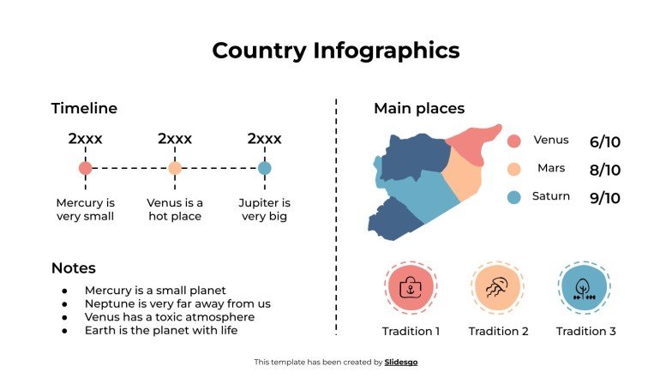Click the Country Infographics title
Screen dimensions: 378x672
click(335, 51)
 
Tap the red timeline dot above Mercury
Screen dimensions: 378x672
click(85, 168)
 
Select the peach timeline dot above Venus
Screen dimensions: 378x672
click(175, 168)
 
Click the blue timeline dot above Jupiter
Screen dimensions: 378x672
click(264, 168)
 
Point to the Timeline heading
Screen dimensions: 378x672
click(84, 109)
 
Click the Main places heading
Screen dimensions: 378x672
click(419, 109)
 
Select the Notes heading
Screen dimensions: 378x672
click(73, 268)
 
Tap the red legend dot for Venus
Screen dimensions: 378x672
click(514, 141)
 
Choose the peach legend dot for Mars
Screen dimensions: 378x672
click(514, 169)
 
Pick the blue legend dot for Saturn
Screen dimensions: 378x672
click(514, 197)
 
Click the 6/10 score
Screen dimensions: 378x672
click(604, 141)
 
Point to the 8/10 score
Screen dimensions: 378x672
click(604, 170)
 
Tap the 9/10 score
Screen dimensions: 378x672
click(604, 198)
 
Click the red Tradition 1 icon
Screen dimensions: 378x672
click(411, 288)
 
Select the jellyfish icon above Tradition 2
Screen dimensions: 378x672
click(497, 288)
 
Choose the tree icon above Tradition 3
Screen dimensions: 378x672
click(585, 288)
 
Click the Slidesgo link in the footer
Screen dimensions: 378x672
click(401, 363)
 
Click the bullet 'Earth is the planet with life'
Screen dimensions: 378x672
click(160, 330)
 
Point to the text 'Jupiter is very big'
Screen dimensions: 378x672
click(264, 210)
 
